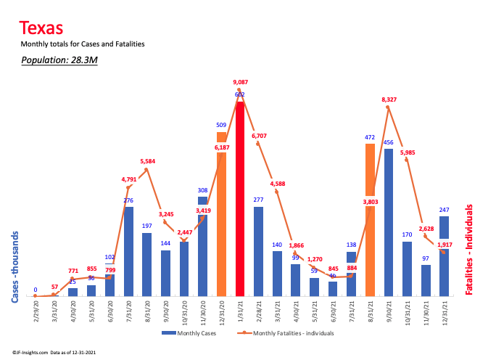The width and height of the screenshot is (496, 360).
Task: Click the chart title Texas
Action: [x=41, y=28]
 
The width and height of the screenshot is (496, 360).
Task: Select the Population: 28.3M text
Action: [x=59, y=60]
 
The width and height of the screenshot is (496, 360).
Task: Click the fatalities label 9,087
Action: [x=240, y=82]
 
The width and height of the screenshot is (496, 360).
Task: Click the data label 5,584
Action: [x=146, y=161]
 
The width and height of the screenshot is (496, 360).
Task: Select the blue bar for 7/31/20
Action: [x=128, y=251]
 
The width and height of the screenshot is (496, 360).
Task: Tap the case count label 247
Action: [x=444, y=209]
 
